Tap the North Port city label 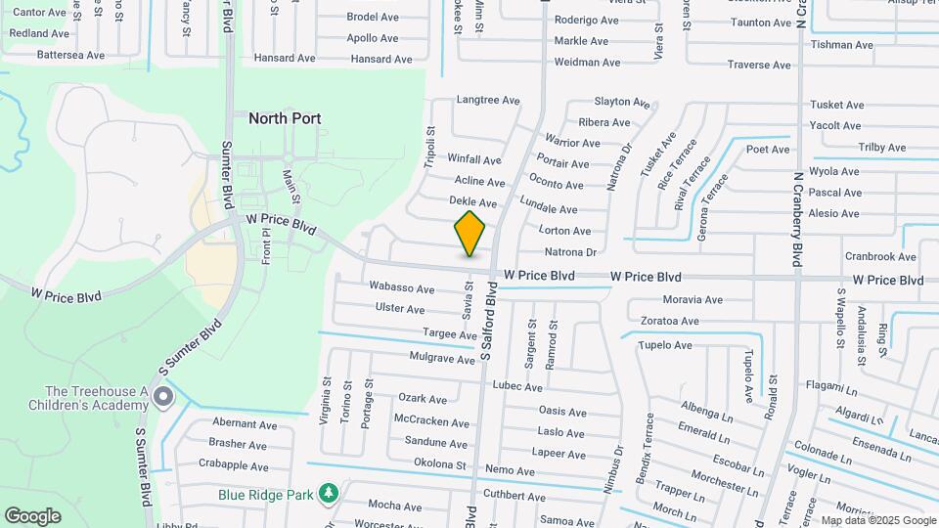(285, 118)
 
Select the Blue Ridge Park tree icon (331, 494)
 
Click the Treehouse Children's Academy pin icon (163, 397)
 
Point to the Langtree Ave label (488, 100)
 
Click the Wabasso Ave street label (401, 288)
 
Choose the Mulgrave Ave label (442, 359)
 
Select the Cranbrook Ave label (880, 257)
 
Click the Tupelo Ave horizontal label (665, 345)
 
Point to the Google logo (32, 515)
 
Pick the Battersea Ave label (70, 55)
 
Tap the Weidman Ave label (587, 63)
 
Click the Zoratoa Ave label (669, 321)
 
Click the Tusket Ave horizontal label (836, 105)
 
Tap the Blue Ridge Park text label (266, 494)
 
